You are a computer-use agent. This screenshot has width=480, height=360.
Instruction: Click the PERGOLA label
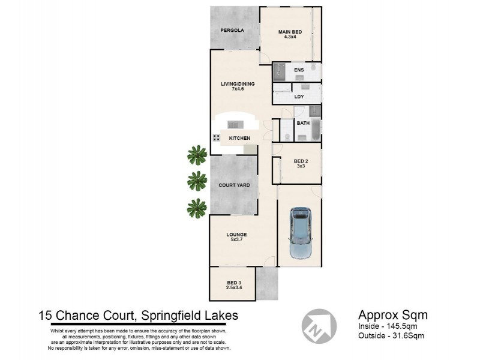[x=232, y=29]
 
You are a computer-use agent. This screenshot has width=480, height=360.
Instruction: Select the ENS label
[x=299, y=70]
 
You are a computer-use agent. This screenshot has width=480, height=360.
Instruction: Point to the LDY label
[x=299, y=96]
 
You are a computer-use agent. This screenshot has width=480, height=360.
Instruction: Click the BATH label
[x=303, y=123]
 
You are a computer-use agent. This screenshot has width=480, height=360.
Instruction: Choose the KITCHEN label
[x=239, y=139]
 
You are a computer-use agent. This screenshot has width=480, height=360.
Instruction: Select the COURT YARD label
[x=233, y=185]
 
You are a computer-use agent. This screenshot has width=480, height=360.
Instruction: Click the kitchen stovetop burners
[x=216, y=137]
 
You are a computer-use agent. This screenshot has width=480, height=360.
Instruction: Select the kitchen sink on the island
[x=233, y=124]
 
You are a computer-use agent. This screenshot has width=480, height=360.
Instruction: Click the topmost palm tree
[x=196, y=155]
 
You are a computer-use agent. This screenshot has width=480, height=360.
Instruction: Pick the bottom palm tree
[x=196, y=208]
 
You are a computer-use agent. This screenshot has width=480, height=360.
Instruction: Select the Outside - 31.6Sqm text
[x=391, y=335]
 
